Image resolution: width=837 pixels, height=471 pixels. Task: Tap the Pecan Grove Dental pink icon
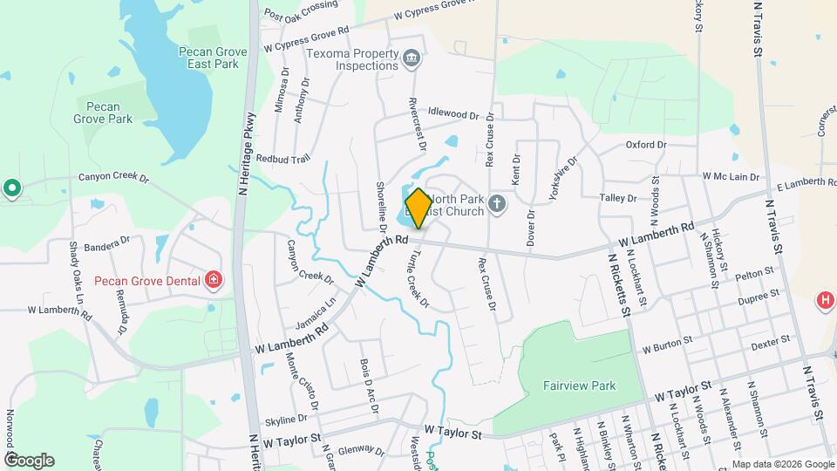click(x=214, y=280)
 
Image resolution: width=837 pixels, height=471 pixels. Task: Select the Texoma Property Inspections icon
click(x=412, y=58)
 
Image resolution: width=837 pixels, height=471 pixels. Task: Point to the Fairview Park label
click(x=579, y=386)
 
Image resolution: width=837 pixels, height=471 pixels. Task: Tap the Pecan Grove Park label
click(x=103, y=112)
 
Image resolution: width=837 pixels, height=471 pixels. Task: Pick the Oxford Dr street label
click(x=646, y=145)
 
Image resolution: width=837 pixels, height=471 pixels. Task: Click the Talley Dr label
click(x=619, y=199)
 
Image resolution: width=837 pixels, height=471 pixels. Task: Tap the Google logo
click(x=29, y=460)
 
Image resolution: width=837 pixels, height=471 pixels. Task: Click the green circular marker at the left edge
click(x=11, y=188)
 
